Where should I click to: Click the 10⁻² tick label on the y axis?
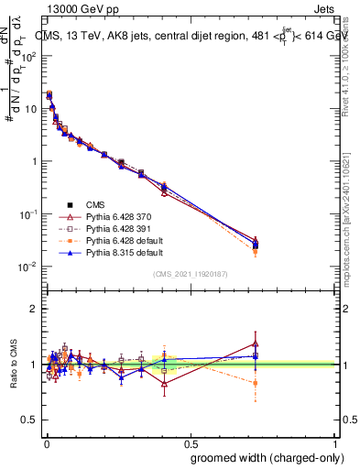[x=28, y=267]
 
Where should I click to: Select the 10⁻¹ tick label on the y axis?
[x=28, y=214]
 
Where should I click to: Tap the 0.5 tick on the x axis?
[x=190, y=442]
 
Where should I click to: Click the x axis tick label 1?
[x=336, y=442]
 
